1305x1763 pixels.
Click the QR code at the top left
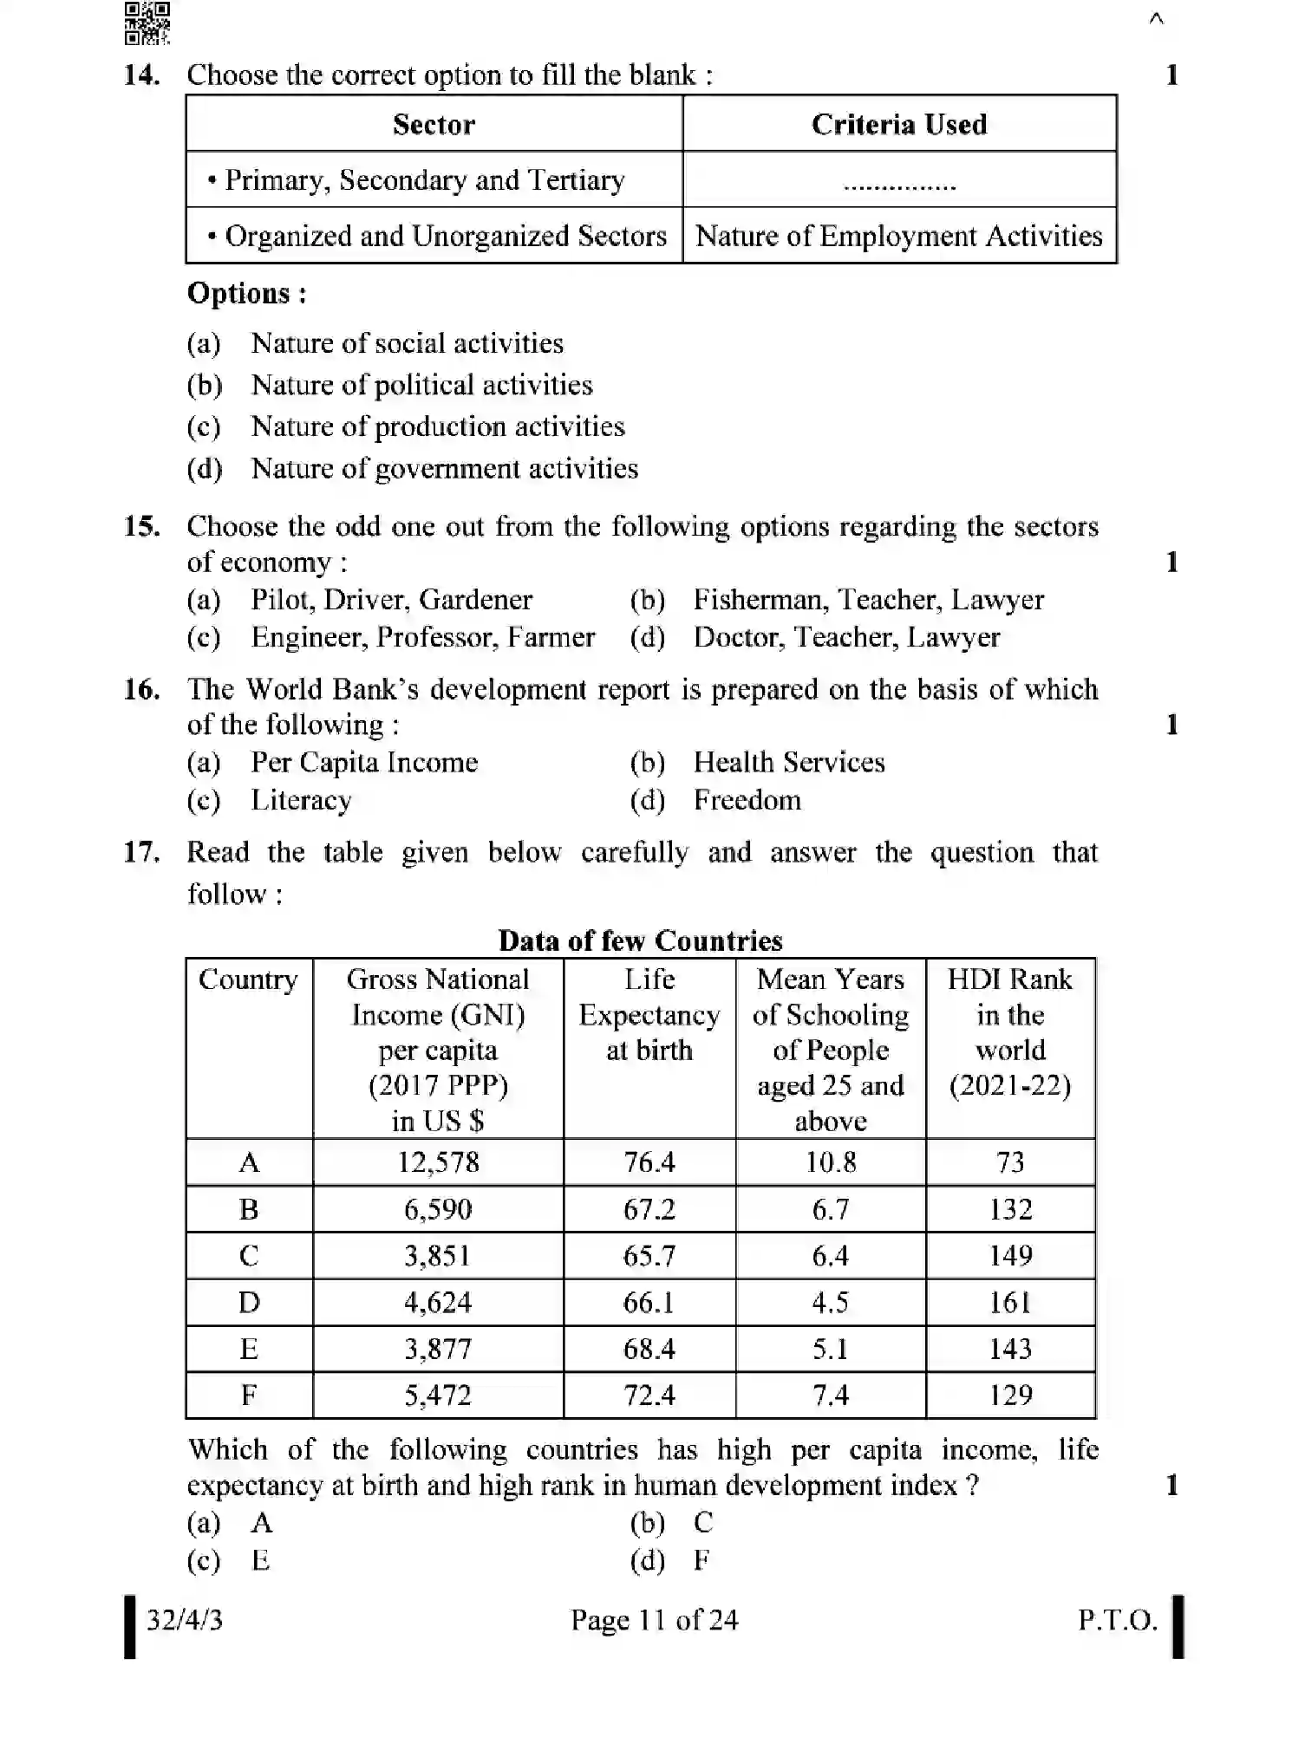(147, 23)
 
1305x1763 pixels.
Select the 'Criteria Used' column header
(898, 125)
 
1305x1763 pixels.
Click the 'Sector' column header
(434, 125)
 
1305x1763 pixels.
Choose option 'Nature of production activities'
(437, 426)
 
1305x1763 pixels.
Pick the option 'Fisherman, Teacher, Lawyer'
(868, 600)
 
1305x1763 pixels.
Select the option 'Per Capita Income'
(364, 763)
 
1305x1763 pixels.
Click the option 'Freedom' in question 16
(747, 800)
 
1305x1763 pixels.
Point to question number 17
(141, 852)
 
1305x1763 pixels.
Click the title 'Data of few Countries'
(640, 941)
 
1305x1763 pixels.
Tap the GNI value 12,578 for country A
(438, 1162)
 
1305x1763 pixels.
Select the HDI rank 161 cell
(1010, 1303)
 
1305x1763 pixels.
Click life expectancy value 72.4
(649, 1395)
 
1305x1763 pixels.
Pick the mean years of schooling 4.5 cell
(830, 1303)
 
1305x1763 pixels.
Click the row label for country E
(249, 1350)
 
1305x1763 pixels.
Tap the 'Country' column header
(248, 980)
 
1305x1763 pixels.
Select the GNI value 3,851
(438, 1256)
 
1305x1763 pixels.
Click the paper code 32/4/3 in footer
(184, 1620)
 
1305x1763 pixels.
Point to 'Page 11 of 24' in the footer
(654, 1620)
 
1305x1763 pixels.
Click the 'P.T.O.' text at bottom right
(1117, 1620)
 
